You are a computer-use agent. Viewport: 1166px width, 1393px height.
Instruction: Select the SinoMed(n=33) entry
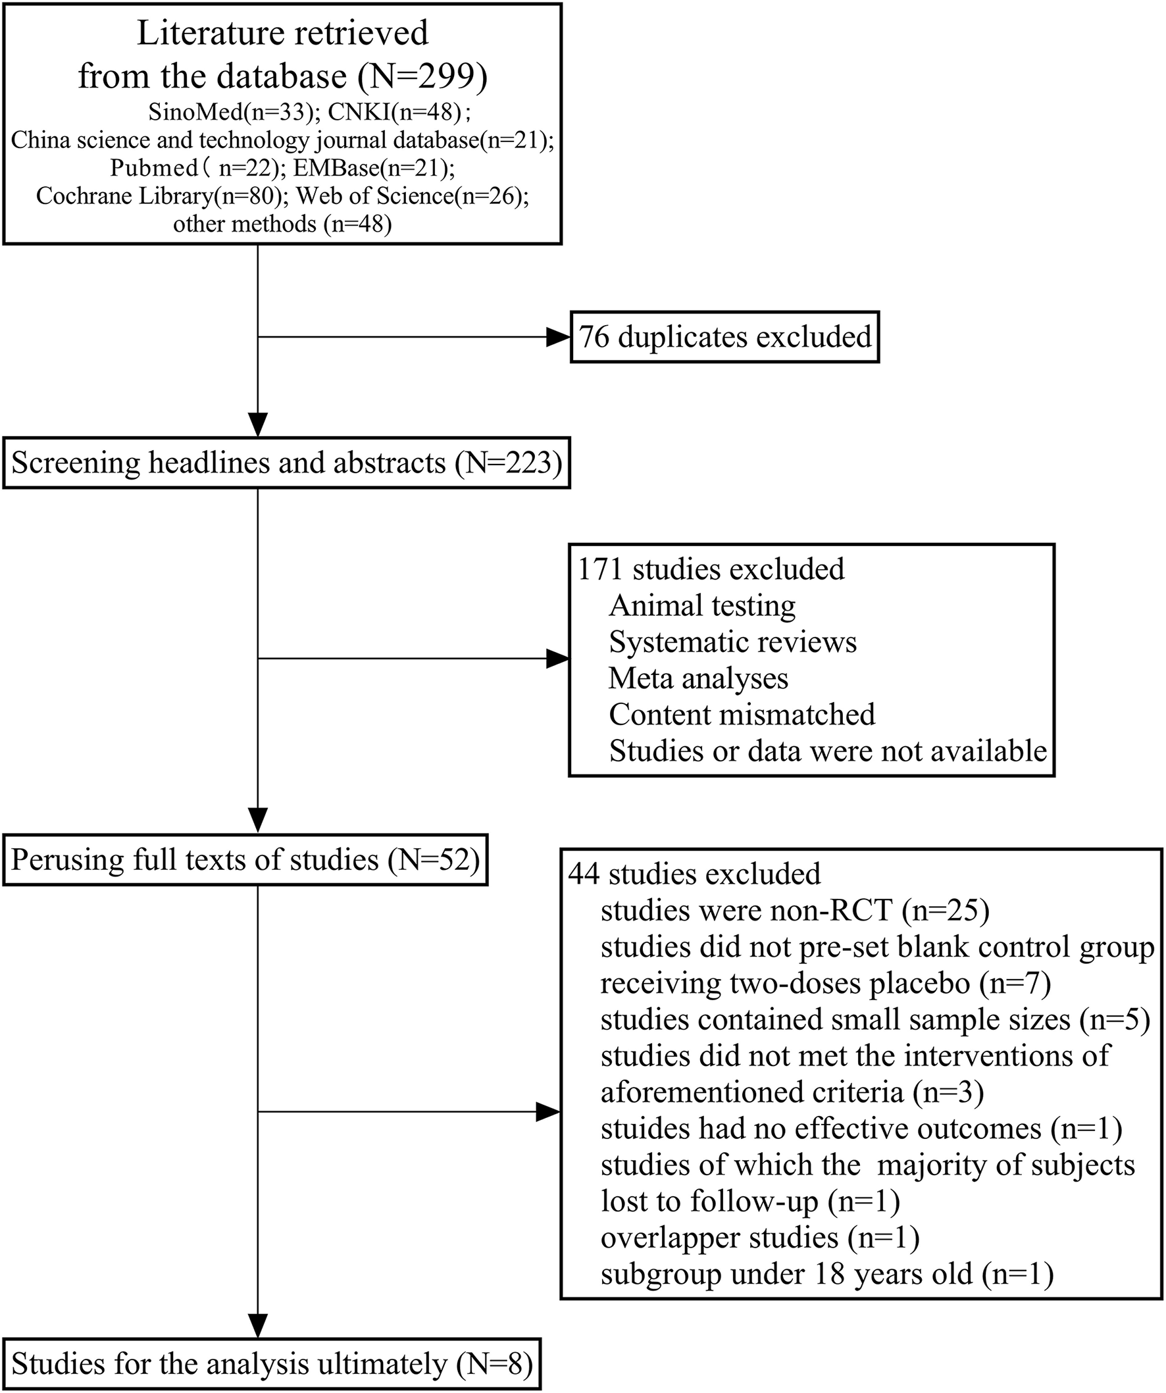(x=230, y=113)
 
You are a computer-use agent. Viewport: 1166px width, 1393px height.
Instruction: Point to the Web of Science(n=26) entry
(x=412, y=196)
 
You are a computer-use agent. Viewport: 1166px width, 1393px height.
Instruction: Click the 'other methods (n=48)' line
(x=282, y=224)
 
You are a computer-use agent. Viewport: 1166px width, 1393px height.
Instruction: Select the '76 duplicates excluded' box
(x=724, y=337)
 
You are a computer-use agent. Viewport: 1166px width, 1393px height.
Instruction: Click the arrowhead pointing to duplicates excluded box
(x=559, y=337)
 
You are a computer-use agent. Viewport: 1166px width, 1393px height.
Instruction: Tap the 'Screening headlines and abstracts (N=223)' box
(x=286, y=463)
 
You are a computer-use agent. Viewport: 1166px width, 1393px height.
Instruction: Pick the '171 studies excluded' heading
(x=711, y=569)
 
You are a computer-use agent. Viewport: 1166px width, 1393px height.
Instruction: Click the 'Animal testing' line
(x=701, y=605)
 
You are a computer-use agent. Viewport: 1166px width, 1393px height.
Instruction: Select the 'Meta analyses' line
(x=697, y=678)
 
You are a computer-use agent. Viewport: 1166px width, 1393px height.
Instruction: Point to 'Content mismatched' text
(x=742, y=715)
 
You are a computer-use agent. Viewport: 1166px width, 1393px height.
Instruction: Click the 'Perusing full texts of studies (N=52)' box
(x=245, y=859)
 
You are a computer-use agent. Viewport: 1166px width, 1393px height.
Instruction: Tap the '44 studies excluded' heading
(x=694, y=874)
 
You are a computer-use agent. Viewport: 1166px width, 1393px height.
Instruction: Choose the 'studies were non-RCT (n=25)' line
(x=795, y=911)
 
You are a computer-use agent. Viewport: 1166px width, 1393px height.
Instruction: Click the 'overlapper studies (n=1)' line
(x=760, y=1238)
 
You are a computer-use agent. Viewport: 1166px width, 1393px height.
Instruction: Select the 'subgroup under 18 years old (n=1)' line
(x=826, y=1275)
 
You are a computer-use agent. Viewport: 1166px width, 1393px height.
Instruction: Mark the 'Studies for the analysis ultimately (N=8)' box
(x=272, y=1364)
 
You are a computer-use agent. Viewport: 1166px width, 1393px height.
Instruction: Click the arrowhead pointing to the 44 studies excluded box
(x=548, y=1113)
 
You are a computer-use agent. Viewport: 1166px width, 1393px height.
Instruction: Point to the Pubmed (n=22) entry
(x=195, y=168)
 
